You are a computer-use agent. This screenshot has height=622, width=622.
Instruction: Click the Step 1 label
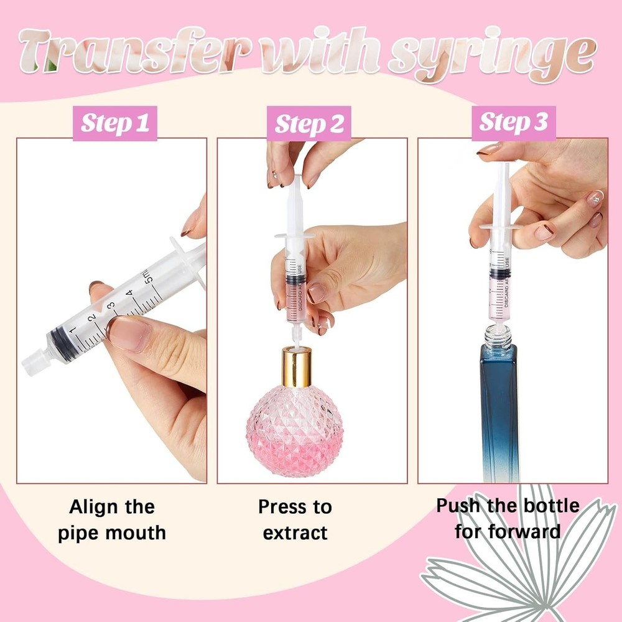point(115,123)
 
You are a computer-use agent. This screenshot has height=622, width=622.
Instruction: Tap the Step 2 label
point(309,123)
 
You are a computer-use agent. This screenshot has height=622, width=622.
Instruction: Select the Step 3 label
point(513,123)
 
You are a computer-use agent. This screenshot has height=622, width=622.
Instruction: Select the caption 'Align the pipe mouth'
point(112,519)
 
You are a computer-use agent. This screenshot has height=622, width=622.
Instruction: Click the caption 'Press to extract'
point(295,519)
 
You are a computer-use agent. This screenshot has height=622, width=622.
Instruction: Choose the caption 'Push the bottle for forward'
point(507,518)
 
